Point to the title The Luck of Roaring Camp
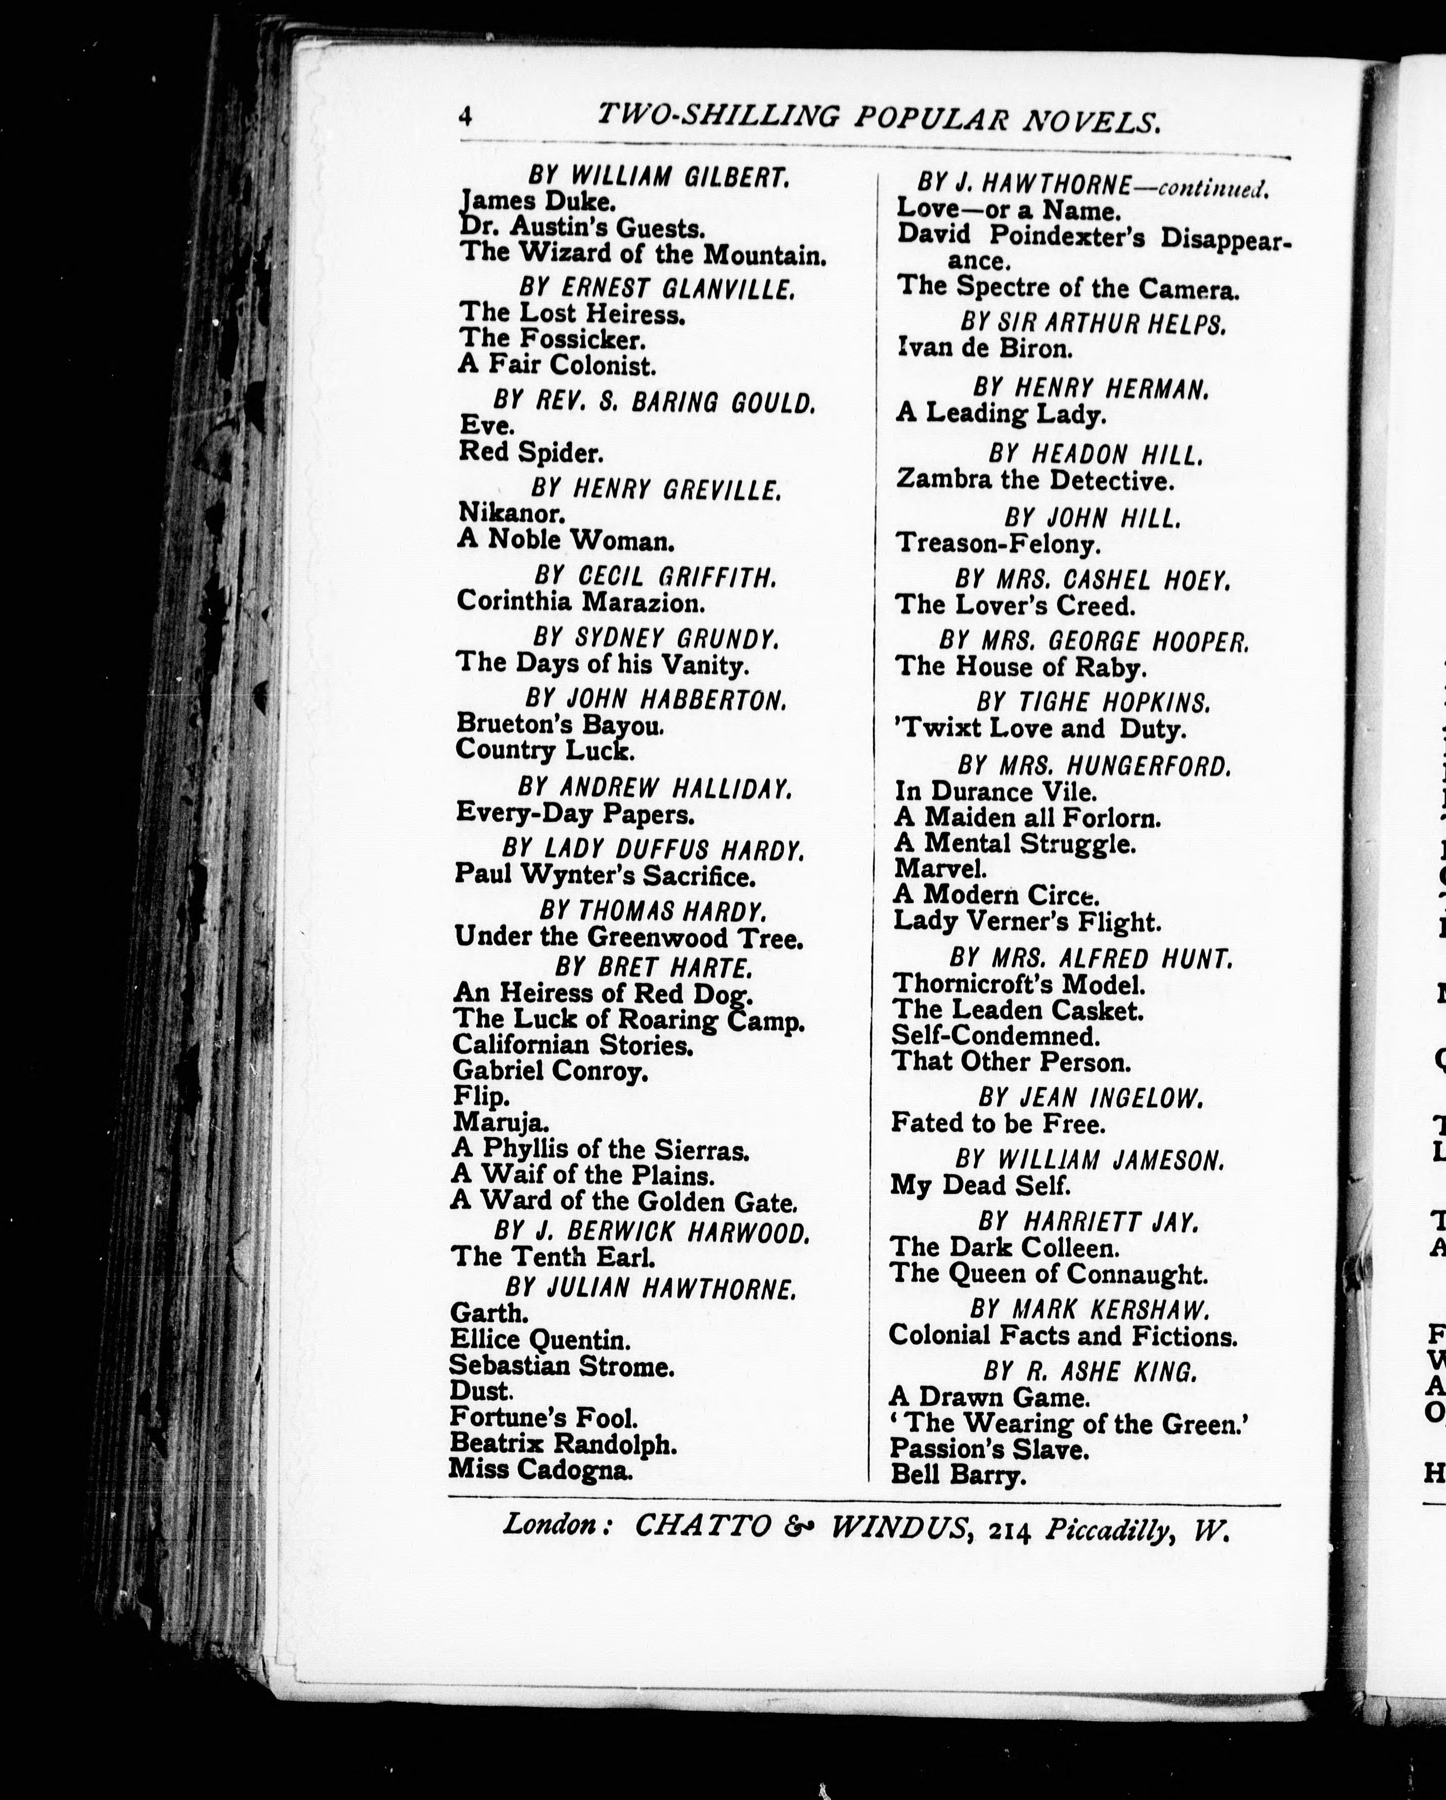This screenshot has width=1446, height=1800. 628,1019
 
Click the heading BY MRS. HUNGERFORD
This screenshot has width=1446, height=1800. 1093,765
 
